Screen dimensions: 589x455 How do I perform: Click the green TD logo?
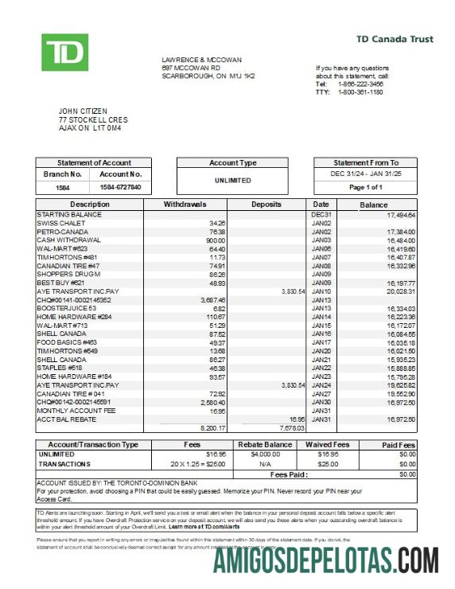65,53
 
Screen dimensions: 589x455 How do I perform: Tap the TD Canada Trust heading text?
394,39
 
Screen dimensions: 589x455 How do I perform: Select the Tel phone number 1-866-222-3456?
360,84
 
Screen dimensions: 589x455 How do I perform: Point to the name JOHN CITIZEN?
83,111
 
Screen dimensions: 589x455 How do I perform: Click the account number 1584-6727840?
120,187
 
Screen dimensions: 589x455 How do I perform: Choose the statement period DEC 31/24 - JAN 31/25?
366,174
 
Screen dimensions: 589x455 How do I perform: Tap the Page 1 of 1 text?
366,187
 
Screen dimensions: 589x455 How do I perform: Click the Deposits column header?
266,205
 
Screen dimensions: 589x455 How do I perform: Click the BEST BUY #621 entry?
60,283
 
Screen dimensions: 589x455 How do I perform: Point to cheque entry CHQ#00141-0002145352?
74,300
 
